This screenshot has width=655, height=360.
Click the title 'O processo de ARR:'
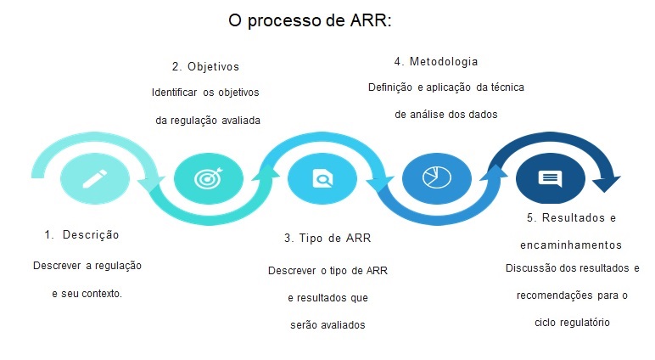point(310,21)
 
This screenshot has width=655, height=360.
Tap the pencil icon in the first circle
point(94,178)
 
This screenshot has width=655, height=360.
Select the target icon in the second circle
point(207,178)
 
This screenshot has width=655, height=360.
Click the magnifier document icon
point(322,178)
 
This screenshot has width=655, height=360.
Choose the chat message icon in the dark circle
point(549,178)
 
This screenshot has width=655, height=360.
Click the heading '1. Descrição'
point(81,234)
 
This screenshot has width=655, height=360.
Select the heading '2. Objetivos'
point(205,66)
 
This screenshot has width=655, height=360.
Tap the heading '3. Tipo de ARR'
point(327,238)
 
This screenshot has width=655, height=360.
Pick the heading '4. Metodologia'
point(436,61)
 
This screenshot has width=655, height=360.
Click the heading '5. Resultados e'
point(570,217)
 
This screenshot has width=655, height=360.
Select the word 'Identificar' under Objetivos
point(174,93)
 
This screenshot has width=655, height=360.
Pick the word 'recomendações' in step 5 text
point(552,295)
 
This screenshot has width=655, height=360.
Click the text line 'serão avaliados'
point(327,324)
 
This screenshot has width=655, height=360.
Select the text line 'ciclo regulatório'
point(573,323)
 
